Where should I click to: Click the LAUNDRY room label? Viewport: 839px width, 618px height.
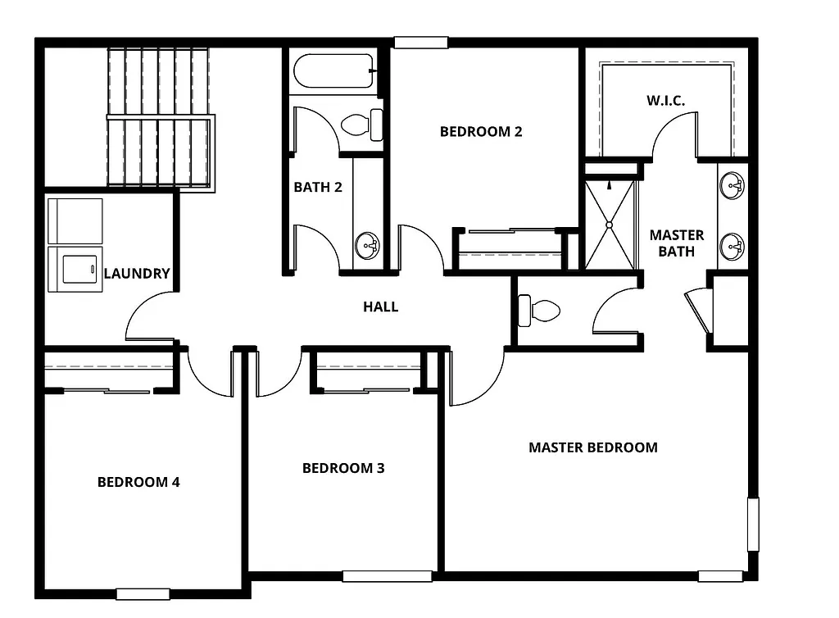(137, 274)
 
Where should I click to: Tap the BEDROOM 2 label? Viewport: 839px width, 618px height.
(481, 131)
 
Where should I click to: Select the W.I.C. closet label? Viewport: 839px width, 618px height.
(665, 100)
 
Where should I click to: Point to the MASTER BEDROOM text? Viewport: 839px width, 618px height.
(592, 448)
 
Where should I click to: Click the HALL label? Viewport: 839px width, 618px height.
(381, 307)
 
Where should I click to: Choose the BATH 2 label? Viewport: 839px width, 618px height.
(318, 187)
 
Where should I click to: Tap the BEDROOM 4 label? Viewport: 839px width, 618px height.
(138, 482)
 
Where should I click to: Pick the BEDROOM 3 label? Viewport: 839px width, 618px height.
(343, 468)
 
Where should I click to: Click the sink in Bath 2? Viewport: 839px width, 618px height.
(368, 245)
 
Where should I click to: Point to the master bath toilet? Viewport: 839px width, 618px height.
(539, 311)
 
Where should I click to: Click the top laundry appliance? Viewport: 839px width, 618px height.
(75, 220)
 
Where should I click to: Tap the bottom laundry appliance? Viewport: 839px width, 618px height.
(75, 269)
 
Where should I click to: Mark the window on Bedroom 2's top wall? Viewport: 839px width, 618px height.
(420, 42)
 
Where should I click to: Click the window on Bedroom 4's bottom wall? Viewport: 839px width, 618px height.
(143, 594)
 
